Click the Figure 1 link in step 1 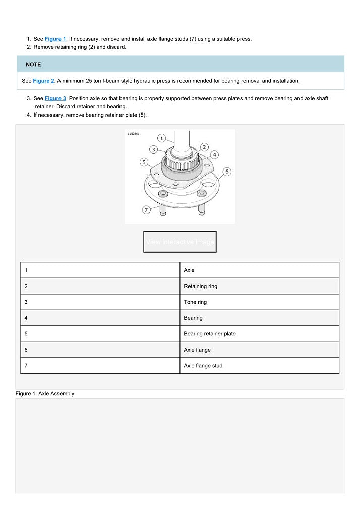tap(55, 39)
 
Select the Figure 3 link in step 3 tap(55, 98)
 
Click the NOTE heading tap(33, 65)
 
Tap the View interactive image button tap(180, 242)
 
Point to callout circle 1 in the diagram tap(162, 138)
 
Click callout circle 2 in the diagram tap(204, 147)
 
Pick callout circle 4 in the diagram tap(215, 154)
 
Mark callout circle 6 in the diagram tap(227, 172)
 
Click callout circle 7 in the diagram tap(146, 210)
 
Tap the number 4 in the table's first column tap(26, 318)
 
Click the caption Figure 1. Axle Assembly tap(45, 394)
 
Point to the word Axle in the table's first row tap(189, 270)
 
